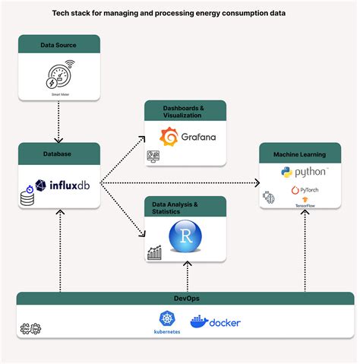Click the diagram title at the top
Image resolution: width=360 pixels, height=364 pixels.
pyautogui.click(x=180, y=12)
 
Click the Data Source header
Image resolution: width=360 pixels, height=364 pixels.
pyautogui.click(x=58, y=45)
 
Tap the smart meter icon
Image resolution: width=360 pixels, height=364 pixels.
pyautogui.click(x=58, y=74)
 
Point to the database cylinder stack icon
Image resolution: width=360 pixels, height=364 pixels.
pyautogui.click(x=27, y=198)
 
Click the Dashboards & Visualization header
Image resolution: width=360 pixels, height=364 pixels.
pyautogui.click(x=185, y=112)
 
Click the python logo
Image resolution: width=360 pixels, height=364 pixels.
pyautogui.click(x=304, y=173)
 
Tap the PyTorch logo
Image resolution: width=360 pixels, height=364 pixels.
pyautogui.click(x=304, y=189)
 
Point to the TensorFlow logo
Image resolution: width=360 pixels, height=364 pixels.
pyautogui.click(x=304, y=202)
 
